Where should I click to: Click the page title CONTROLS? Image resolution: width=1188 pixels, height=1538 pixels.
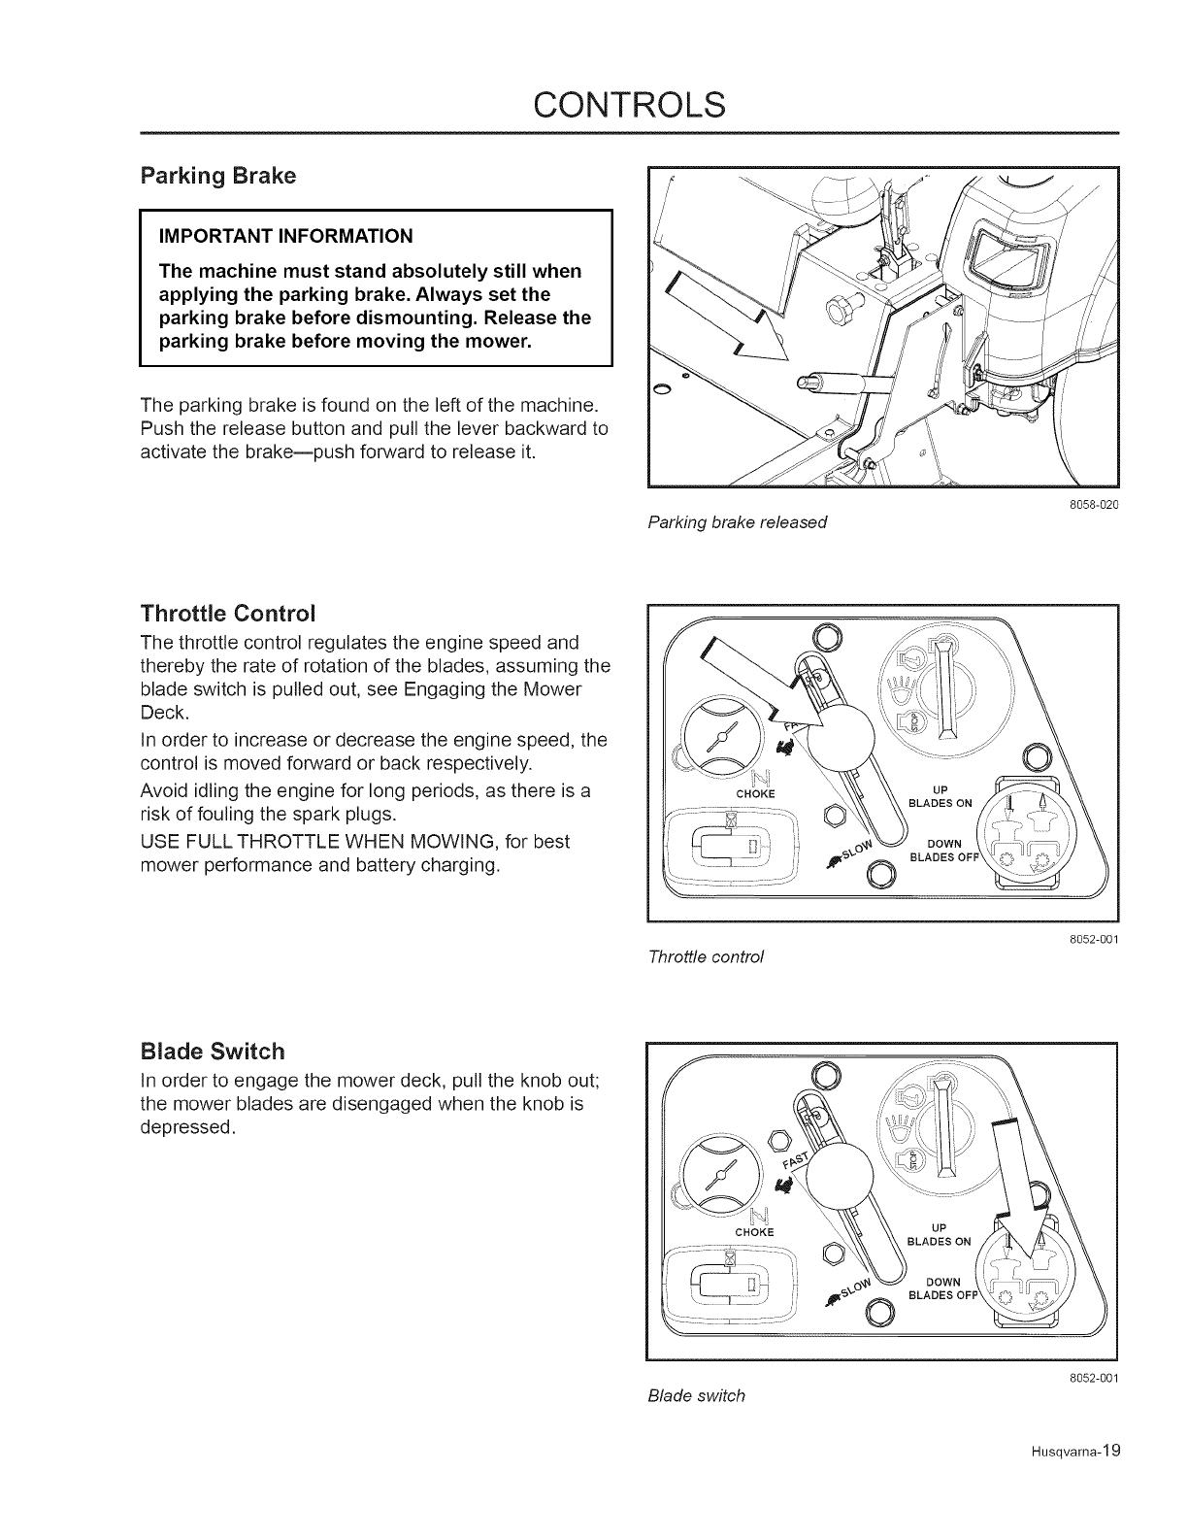(x=594, y=104)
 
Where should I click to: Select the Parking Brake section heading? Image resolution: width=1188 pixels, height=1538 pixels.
(x=218, y=177)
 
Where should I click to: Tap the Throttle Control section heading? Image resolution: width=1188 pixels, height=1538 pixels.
(x=228, y=614)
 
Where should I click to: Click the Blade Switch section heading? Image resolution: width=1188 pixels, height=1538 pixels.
(x=213, y=1052)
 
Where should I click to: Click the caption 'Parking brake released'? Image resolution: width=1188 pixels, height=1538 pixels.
(x=737, y=522)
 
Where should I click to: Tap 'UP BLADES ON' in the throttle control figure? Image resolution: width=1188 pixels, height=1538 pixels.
(x=939, y=795)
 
